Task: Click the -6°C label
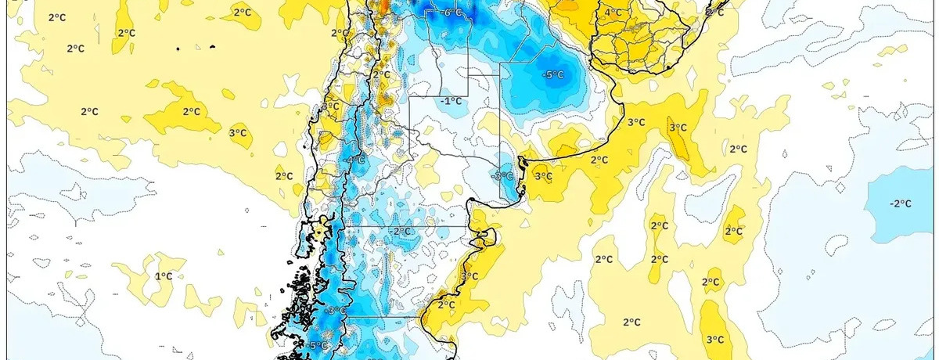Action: point(452,13)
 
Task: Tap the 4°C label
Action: point(613,13)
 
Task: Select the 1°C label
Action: point(163,276)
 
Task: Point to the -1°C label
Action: point(450,101)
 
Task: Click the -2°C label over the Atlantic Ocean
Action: point(900,203)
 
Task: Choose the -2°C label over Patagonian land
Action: point(401,232)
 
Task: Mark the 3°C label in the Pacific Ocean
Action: point(238,134)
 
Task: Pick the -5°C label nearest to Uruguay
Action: point(553,75)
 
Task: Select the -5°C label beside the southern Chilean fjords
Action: point(317,346)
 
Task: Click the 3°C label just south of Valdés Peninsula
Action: point(469,276)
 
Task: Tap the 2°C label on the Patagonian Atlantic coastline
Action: point(446,304)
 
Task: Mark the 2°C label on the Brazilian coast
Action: point(714,13)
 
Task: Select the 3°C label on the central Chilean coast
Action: point(331,106)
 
